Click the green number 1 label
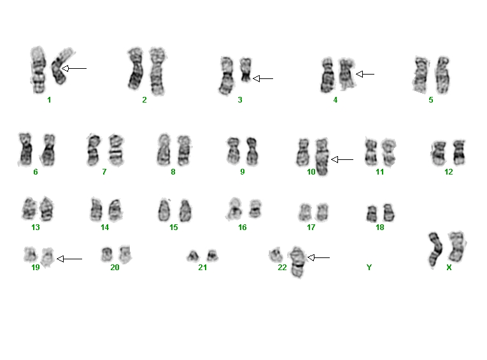point(49,100)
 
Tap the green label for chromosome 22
point(282,268)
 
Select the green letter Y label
point(369,268)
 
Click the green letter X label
point(449,268)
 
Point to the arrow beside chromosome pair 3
point(263,78)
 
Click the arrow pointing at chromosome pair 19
point(69,259)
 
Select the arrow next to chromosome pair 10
point(342,159)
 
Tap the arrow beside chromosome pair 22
point(319,257)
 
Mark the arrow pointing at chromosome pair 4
point(365,74)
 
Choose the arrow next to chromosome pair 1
point(74,68)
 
